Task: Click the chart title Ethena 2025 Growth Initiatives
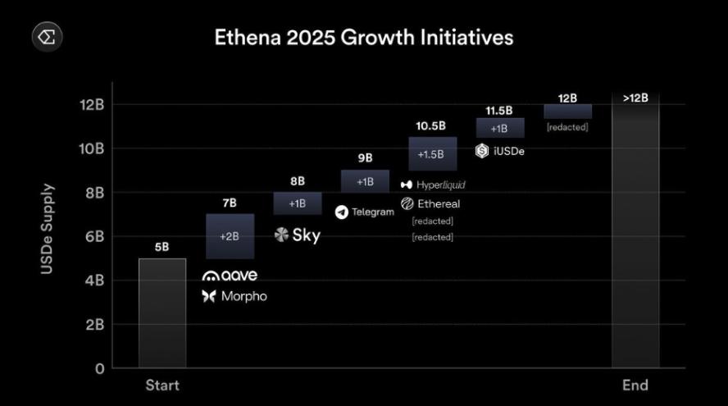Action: [x=363, y=38]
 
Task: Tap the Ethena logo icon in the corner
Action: [x=47, y=36]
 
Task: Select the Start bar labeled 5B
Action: [x=162, y=312]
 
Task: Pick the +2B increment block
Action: [x=229, y=236]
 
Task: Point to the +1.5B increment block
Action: [x=431, y=154]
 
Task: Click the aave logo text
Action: [x=230, y=276]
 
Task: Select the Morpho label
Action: [x=234, y=296]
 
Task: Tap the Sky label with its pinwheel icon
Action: [x=297, y=235]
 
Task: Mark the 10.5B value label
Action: [x=430, y=125]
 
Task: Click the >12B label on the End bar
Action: [x=635, y=98]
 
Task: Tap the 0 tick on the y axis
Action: [x=99, y=368]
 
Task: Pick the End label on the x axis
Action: [x=635, y=385]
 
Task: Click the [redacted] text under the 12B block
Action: [x=567, y=127]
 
